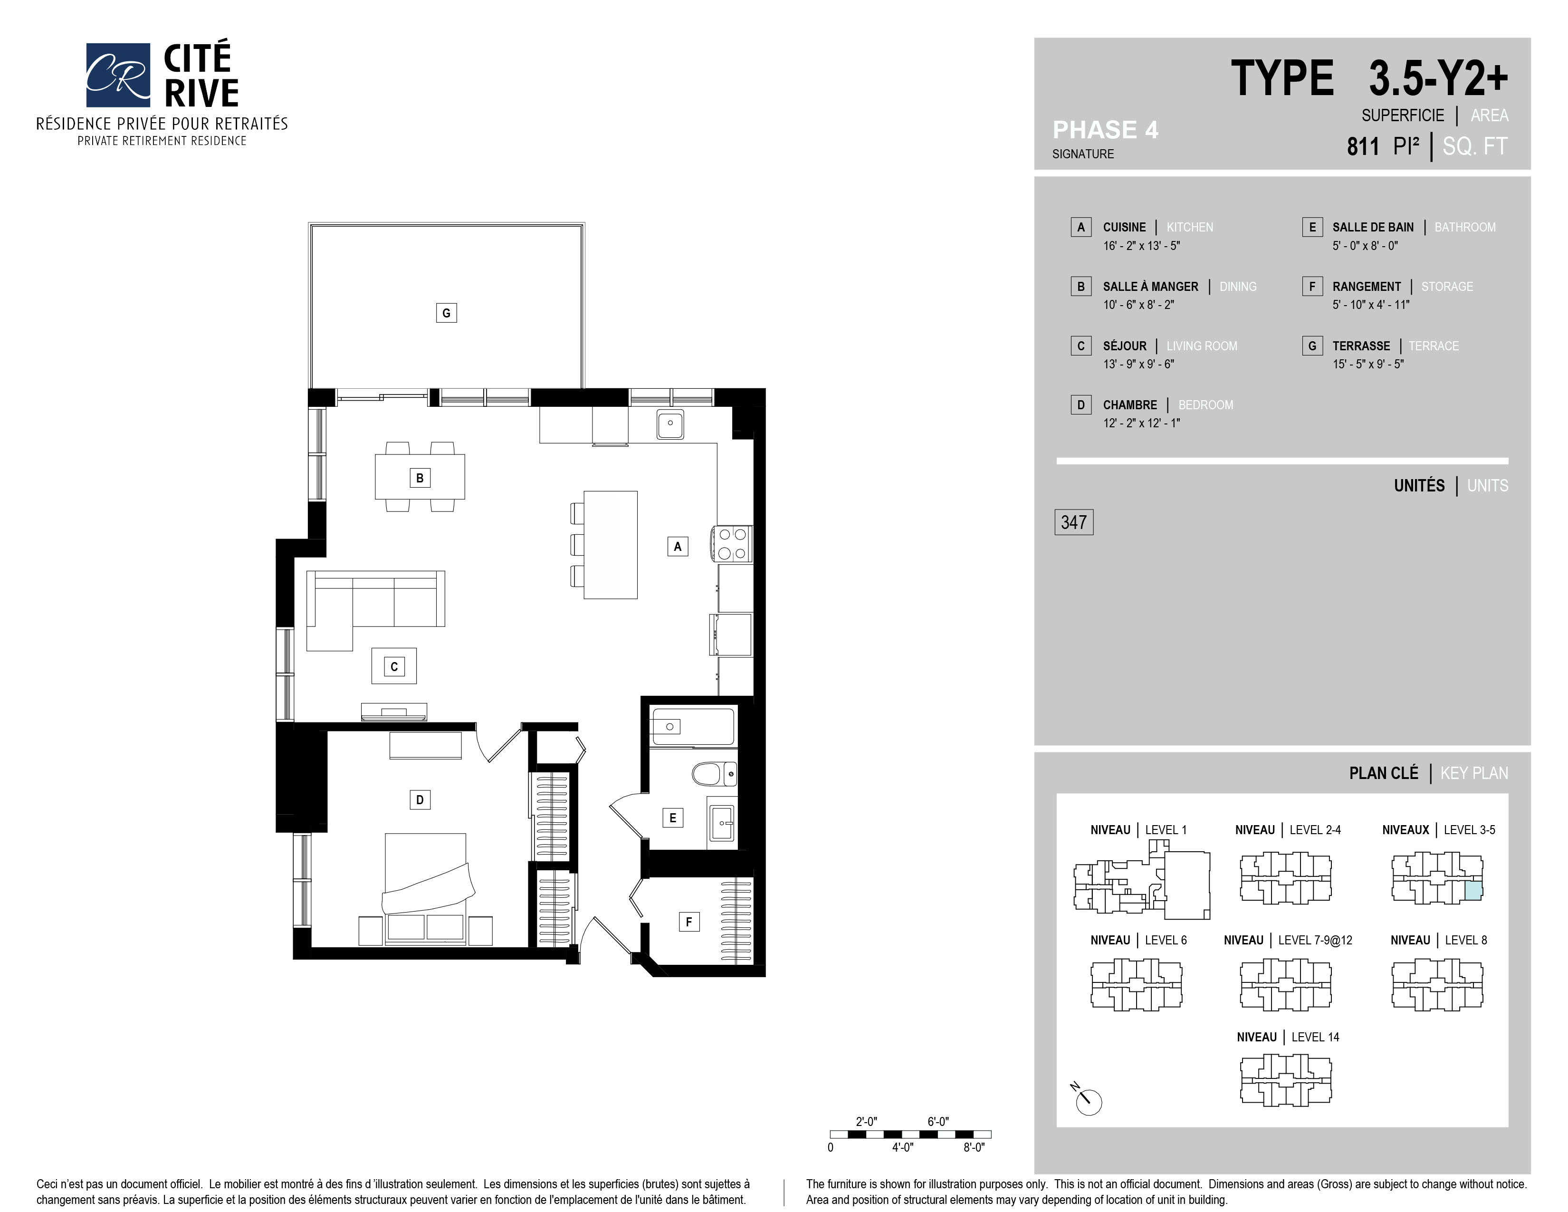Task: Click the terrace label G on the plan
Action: pyautogui.click(x=446, y=313)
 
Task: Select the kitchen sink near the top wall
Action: pyautogui.click(x=670, y=424)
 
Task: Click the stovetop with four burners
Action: pyautogui.click(x=732, y=544)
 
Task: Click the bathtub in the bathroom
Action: pyautogui.click(x=692, y=727)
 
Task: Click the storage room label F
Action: pyautogui.click(x=688, y=922)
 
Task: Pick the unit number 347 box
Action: pyautogui.click(x=1073, y=522)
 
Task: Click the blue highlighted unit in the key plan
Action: pyautogui.click(x=1472, y=891)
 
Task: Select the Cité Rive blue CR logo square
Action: pyautogui.click(x=118, y=75)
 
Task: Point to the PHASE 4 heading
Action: pyautogui.click(x=1105, y=130)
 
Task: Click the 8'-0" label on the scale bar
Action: pyautogui.click(x=974, y=1147)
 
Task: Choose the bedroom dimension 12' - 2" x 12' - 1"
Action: pyautogui.click(x=1141, y=423)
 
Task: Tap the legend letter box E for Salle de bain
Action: pyautogui.click(x=1312, y=227)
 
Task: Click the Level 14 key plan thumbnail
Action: pyautogui.click(x=1285, y=1079)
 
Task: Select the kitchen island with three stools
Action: pyautogui.click(x=610, y=544)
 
